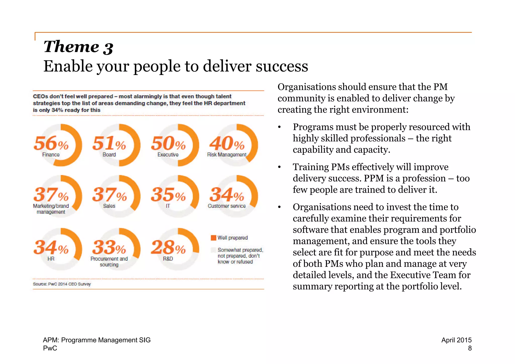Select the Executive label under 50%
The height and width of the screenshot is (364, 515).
168,155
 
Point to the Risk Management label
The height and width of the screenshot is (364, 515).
227,155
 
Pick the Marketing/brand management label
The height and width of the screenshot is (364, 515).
51,209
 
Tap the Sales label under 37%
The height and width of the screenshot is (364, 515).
109,206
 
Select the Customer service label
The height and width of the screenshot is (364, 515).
227,206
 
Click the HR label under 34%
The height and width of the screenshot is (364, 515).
51,259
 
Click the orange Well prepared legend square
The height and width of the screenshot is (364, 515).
213,238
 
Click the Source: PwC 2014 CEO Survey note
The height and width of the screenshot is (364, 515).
62,284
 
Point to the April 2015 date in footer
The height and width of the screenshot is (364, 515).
456,340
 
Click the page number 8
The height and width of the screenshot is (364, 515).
469,348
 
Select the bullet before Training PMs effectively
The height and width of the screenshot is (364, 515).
279,167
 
